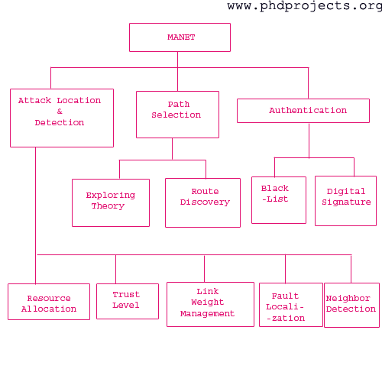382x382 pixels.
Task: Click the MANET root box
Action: coord(180,37)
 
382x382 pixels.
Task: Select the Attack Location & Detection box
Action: coord(62,118)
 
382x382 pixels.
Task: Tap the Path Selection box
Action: coord(177,115)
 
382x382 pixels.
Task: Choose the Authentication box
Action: coord(303,111)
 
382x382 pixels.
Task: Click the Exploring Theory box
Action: coord(111,202)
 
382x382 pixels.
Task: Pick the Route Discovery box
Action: coord(202,202)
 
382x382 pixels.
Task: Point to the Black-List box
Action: coord(279,200)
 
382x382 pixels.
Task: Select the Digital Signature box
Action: coord(345,201)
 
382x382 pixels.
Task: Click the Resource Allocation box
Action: coord(49,302)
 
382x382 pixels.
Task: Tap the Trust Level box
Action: coord(128,301)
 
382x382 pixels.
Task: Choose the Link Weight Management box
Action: coord(210,304)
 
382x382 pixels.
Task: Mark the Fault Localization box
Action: coord(291,305)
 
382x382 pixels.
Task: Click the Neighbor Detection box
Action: coord(351,305)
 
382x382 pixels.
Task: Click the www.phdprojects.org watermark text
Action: coord(305,6)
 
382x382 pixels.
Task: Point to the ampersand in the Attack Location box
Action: coord(60,112)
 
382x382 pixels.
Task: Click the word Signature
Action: coord(346,202)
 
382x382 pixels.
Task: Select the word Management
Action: coord(207,314)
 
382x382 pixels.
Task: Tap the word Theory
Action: coord(108,206)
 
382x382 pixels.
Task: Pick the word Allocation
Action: coord(49,309)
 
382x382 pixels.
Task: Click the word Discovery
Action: coord(205,202)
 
